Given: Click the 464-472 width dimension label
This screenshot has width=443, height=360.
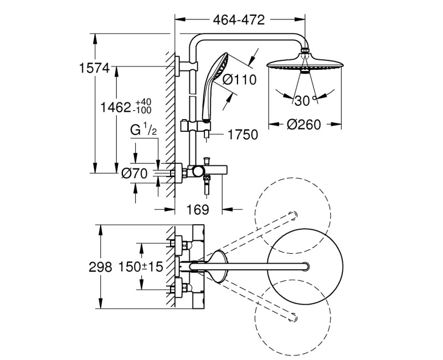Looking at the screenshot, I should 239,20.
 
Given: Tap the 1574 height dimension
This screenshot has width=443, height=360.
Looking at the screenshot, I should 95,68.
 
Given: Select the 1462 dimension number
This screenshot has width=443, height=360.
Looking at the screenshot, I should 114,106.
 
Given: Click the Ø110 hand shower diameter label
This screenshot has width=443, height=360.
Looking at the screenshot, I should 239,80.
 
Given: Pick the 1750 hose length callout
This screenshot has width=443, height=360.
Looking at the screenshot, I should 243,135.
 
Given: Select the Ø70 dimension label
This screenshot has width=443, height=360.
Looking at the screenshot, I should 135,173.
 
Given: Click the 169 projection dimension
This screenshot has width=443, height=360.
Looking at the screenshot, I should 197,210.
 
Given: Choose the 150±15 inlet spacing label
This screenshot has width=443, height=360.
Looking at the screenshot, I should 141,267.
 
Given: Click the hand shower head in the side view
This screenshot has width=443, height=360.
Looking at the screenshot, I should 220,66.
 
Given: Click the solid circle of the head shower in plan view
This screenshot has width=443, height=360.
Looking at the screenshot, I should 305,266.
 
